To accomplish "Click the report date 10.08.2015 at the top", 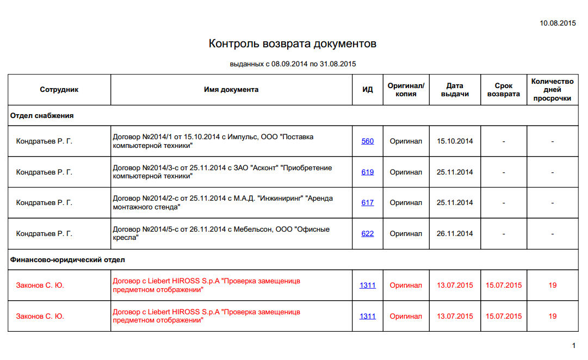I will point(558,23).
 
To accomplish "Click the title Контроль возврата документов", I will point(293,44).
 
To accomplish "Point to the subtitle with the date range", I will point(293,64).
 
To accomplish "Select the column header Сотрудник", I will point(59,90).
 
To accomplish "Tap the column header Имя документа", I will point(231,90).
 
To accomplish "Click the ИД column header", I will point(368,90).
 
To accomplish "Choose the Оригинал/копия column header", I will point(406,90).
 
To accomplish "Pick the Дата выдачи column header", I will point(455,90).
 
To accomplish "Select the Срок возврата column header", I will point(504,90).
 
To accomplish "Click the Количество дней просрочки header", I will point(552,90).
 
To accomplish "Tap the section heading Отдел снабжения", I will point(42,116).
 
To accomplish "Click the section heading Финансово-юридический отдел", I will point(67,260).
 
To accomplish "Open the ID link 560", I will point(368,141).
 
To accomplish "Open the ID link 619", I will point(368,172).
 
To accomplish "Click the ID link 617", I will point(368,203).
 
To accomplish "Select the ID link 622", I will point(368,234).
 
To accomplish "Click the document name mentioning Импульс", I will point(213,141).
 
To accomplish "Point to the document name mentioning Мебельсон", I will point(221,234).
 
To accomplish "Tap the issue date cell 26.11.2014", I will point(455,234).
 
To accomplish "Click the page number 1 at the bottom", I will point(573,345).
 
